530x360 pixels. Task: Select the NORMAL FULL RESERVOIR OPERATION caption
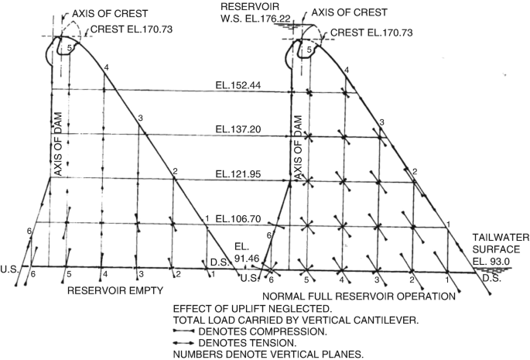click(357, 297)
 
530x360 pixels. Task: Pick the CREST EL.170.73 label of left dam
click(133, 29)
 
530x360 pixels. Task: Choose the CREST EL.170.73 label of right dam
click(372, 35)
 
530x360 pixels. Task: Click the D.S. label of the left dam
click(218, 262)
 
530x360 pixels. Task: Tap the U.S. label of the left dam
click(10, 269)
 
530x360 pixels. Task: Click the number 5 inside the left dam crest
click(69, 48)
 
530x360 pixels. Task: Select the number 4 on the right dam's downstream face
click(347, 70)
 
